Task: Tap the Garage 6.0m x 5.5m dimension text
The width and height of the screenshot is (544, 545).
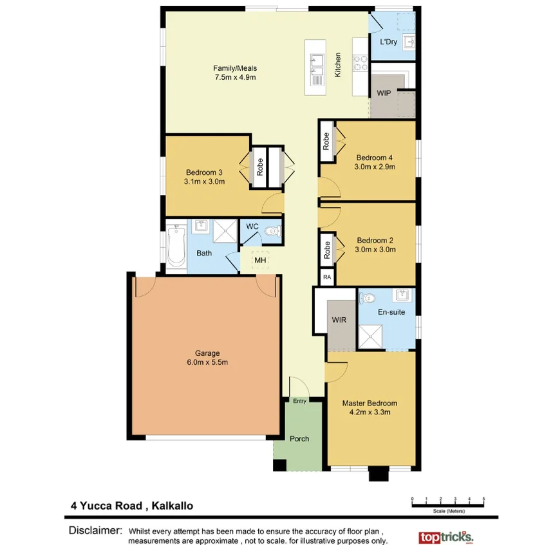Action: [x=207, y=362]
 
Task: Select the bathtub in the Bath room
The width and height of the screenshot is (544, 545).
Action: [x=176, y=245]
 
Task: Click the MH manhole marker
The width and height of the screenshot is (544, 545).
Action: [x=259, y=260]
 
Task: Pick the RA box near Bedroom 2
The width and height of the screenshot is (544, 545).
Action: [x=327, y=277]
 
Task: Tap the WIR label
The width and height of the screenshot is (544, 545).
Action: [x=339, y=320]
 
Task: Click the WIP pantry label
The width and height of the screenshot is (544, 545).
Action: [x=384, y=93]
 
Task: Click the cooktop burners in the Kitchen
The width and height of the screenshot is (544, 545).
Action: [x=361, y=62]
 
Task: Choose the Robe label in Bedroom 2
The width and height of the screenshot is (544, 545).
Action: [x=327, y=250]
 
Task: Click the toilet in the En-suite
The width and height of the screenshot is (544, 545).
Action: [x=367, y=299]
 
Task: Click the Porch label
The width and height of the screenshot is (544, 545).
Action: [x=299, y=439]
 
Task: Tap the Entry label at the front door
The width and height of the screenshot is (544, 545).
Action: [x=300, y=401]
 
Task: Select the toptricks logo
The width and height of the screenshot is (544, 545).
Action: [x=446, y=536]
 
